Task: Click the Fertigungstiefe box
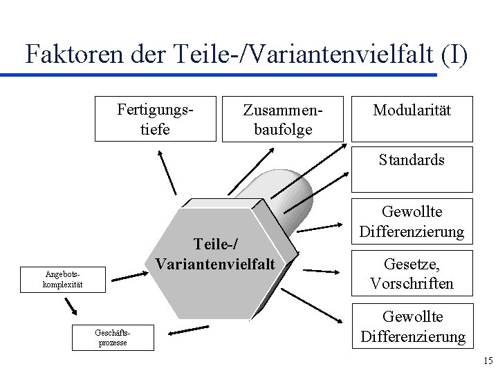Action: (156, 119)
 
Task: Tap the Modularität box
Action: (412, 111)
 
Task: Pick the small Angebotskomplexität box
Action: (63, 279)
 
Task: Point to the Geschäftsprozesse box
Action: (113, 336)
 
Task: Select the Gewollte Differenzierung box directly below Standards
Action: (412, 221)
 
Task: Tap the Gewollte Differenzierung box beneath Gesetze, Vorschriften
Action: (412, 326)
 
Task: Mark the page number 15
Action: (488, 360)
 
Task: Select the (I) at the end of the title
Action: (453, 54)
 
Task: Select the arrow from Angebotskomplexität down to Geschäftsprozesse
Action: (71, 306)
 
